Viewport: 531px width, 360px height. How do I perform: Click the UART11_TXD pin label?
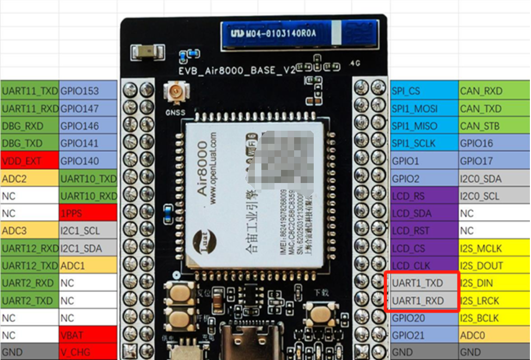(29, 91)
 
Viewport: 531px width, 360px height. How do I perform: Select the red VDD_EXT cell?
(29, 161)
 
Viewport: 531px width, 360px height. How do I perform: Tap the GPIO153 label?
(88, 91)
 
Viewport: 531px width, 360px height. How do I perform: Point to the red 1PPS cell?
(88, 213)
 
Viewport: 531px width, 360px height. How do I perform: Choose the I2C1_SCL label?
(88, 231)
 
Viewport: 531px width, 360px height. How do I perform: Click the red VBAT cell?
(88, 335)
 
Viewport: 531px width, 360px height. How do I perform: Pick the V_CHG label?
(88, 352)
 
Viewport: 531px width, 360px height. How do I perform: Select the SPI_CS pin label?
(424, 91)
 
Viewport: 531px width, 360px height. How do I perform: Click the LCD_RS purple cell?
(424, 196)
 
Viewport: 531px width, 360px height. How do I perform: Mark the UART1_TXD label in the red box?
(424, 283)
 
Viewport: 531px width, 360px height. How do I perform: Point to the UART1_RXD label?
(424, 301)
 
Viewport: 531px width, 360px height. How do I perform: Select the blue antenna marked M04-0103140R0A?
(299, 34)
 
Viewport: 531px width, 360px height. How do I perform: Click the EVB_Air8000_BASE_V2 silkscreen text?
(236, 70)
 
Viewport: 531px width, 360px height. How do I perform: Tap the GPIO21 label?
(424, 335)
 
